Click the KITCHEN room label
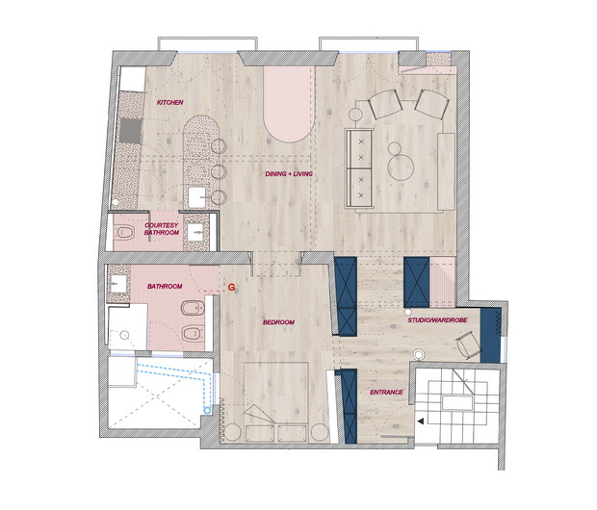pyautogui.click(x=170, y=102)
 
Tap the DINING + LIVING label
pyautogui.click(x=289, y=174)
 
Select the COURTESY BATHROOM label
pyautogui.click(x=162, y=229)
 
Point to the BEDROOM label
pyautogui.click(x=278, y=322)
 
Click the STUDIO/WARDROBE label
pyautogui.click(x=437, y=320)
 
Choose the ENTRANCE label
pyautogui.click(x=386, y=392)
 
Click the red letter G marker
pyautogui.click(x=231, y=288)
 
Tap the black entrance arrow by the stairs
pyautogui.click(x=421, y=421)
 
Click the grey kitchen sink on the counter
pyautogui.click(x=131, y=131)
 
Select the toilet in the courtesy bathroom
pyautogui.click(x=125, y=232)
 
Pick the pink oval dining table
pyautogui.click(x=289, y=105)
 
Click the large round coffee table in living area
pyautogui.click(x=401, y=167)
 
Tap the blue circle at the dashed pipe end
pyautogui.click(x=207, y=410)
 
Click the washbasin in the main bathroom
pyautogui.click(x=118, y=284)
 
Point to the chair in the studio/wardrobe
pyautogui.click(x=469, y=344)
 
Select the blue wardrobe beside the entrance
pyautogui.click(x=349, y=406)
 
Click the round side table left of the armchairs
pyautogui.click(x=355, y=115)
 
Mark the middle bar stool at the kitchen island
pyautogui.click(x=219, y=171)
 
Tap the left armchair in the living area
pyautogui.click(x=385, y=104)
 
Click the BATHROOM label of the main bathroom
pyautogui.click(x=165, y=286)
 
